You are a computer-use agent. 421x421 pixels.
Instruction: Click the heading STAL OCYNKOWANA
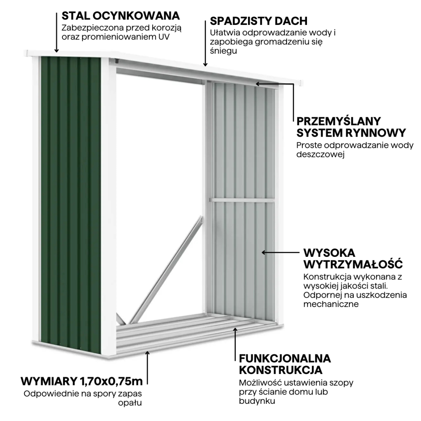[121, 16]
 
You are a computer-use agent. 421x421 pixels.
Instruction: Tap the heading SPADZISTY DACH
[258, 21]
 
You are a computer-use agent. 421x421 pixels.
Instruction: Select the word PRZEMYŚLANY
[339, 121]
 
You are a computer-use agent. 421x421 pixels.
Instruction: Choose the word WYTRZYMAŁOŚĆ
[352, 264]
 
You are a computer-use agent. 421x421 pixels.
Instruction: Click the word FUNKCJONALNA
[285, 359]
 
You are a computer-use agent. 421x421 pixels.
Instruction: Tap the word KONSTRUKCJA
[280, 370]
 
